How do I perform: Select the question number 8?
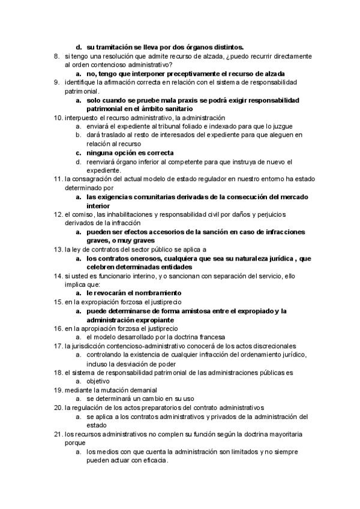click(x=56, y=56)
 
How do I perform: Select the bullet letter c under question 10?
click(x=78, y=152)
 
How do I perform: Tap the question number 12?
click(x=58, y=214)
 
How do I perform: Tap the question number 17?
click(x=58, y=346)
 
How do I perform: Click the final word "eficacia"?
click(x=153, y=461)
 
